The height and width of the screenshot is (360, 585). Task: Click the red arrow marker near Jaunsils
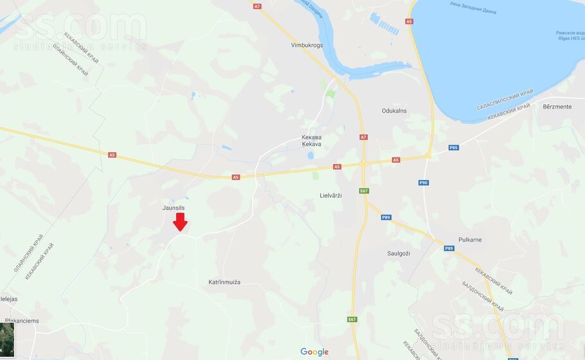(x=181, y=222)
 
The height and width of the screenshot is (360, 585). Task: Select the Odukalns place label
(x=394, y=111)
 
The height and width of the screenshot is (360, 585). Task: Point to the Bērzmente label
(x=557, y=107)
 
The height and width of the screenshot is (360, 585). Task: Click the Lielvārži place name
(x=330, y=195)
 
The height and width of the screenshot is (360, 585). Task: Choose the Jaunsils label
(x=174, y=208)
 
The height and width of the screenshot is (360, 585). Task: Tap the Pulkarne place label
(x=470, y=240)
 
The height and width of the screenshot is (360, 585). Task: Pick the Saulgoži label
(x=399, y=253)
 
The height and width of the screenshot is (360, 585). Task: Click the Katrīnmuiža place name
(x=224, y=282)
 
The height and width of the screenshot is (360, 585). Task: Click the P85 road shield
(x=453, y=148)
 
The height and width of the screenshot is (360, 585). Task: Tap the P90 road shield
(x=424, y=183)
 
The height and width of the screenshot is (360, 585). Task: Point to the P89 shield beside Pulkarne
(x=449, y=248)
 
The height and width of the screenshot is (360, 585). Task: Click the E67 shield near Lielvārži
(x=364, y=191)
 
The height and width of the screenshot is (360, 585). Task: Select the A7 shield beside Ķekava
(x=363, y=137)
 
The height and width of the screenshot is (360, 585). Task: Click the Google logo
(x=314, y=352)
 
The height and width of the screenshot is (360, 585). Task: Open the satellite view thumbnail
(x=7, y=334)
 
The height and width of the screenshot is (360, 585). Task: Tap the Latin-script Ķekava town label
(x=311, y=145)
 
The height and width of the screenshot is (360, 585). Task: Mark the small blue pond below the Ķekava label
(x=310, y=156)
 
